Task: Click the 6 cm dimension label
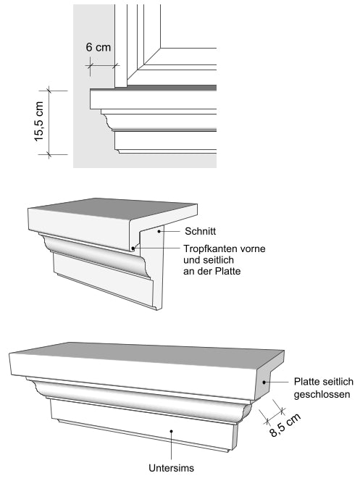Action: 98,47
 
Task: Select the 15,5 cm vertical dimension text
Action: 39,121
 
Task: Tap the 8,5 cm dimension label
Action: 285,425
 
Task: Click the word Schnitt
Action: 200,231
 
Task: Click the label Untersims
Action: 171,468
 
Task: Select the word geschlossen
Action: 322,394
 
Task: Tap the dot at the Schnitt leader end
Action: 159,231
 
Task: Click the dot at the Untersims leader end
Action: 172,431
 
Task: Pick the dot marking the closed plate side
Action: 264,382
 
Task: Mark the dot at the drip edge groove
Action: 133,248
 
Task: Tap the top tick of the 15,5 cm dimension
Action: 49,91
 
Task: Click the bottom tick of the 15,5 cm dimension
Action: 49,154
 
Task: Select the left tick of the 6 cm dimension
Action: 90,65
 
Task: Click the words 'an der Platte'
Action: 212,272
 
